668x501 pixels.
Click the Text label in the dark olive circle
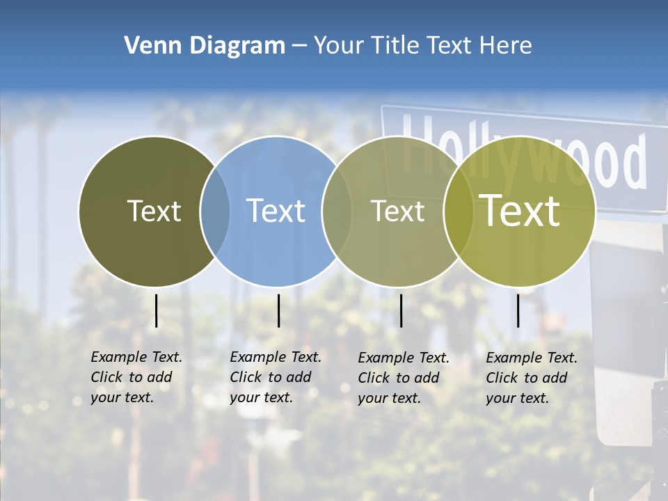click(154, 211)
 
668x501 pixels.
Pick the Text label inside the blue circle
click(276, 211)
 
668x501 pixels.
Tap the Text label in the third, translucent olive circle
click(397, 211)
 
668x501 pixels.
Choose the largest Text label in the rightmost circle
click(520, 211)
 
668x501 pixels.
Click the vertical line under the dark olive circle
click(156, 310)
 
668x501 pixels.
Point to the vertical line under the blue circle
click(278, 310)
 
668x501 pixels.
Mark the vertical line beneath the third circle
click(401, 310)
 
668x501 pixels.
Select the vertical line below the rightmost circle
click(518, 310)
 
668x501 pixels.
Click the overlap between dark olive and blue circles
click(215, 211)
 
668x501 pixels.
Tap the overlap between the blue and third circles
click(337, 211)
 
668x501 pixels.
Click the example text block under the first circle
click(136, 377)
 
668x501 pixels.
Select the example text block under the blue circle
click(276, 377)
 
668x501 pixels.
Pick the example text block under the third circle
click(404, 378)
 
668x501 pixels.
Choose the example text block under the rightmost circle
click(532, 378)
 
